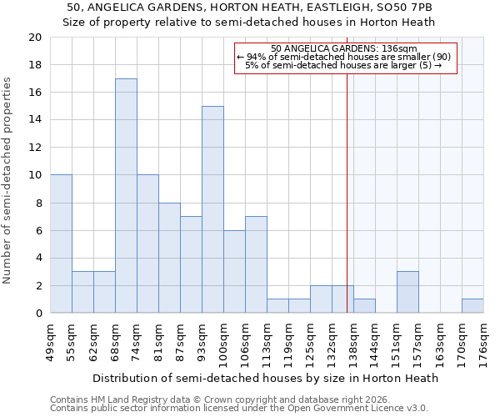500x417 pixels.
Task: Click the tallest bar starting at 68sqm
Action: click(x=126, y=196)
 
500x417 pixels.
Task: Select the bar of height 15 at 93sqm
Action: click(x=212, y=209)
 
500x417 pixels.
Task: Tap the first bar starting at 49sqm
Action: click(x=61, y=244)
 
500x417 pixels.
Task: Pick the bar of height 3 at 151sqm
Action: click(x=407, y=292)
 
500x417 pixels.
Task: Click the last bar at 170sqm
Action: click(x=472, y=306)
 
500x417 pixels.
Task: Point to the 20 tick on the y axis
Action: click(x=34, y=38)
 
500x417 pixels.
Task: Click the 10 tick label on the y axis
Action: click(x=34, y=175)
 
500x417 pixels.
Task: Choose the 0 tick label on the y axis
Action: click(x=37, y=313)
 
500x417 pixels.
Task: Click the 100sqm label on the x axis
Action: click(x=223, y=341)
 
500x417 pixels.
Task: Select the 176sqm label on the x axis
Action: click(x=483, y=341)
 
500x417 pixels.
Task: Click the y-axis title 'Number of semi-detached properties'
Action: click(x=8, y=180)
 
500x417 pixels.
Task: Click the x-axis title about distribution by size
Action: click(x=265, y=378)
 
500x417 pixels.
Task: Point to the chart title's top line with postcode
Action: click(x=249, y=8)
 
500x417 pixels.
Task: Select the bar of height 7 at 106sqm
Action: click(x=256, y=264)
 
